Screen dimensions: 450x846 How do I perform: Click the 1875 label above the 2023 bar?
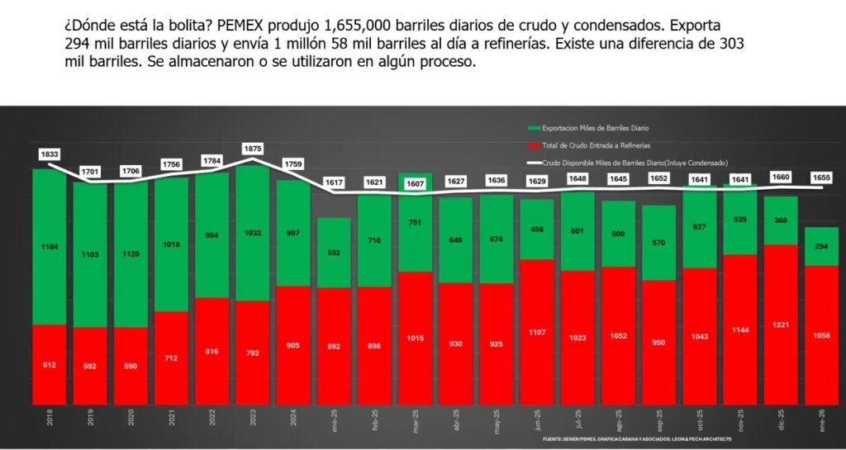252,148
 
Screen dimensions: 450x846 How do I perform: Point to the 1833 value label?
50,154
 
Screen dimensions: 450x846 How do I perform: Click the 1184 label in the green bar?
50,246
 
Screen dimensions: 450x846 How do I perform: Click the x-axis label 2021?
172,424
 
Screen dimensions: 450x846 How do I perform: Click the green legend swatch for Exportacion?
534,128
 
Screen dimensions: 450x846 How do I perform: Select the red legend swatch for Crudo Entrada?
534,145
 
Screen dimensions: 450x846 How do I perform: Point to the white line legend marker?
534,163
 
